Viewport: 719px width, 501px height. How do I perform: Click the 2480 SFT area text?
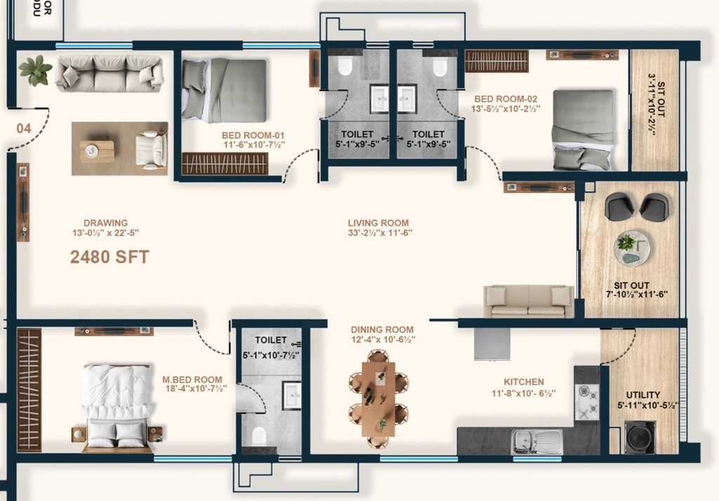pos(110,257)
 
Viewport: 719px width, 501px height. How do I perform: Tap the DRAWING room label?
pos(105,222)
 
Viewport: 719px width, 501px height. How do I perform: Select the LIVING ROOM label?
pos(378,222)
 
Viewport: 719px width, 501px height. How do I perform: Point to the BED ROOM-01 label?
pos(253,135)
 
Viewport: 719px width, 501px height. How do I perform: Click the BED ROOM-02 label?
pos(506,98)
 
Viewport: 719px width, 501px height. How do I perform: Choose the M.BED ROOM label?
pos(192,380)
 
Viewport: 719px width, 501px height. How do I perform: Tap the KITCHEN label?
pos(524,382)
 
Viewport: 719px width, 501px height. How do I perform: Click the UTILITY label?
pos(643,394)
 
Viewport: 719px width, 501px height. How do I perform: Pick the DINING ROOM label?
pos(382,330)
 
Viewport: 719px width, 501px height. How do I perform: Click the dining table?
pos(378,399)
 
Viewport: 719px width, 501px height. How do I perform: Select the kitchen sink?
pos(537,442)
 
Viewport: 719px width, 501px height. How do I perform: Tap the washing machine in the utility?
pos(640,437)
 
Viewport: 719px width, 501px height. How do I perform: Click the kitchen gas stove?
pos(587,402)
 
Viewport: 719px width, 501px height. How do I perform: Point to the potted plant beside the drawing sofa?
pos(35,70)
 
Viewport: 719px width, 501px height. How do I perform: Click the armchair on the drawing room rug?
pos(151,149)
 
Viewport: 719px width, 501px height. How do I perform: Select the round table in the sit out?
pos(632,248)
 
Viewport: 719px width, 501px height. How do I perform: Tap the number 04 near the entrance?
pos(24,128)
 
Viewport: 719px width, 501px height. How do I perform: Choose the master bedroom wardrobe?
pos(29,389)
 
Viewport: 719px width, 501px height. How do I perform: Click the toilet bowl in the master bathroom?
pos(259,436)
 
